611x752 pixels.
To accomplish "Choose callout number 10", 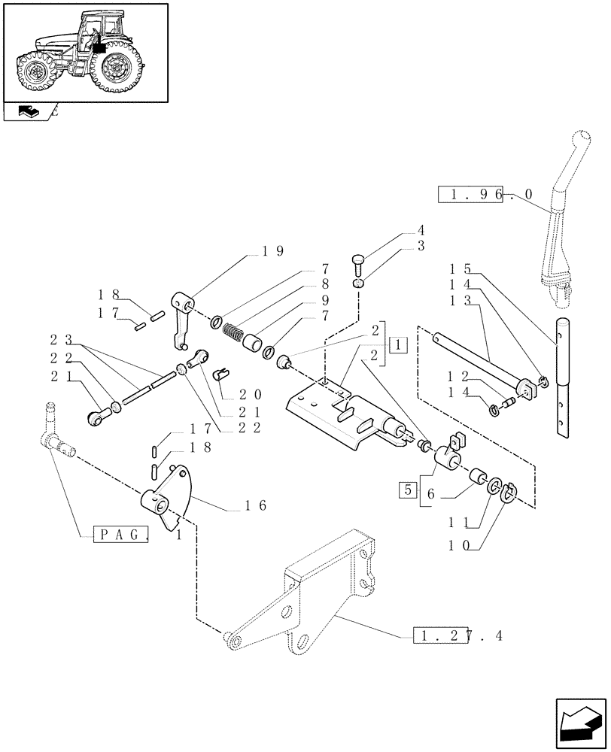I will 467,547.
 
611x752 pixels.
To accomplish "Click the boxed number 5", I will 406,490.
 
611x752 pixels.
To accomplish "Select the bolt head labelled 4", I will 358,262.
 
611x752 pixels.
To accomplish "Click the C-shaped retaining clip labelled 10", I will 509,493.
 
